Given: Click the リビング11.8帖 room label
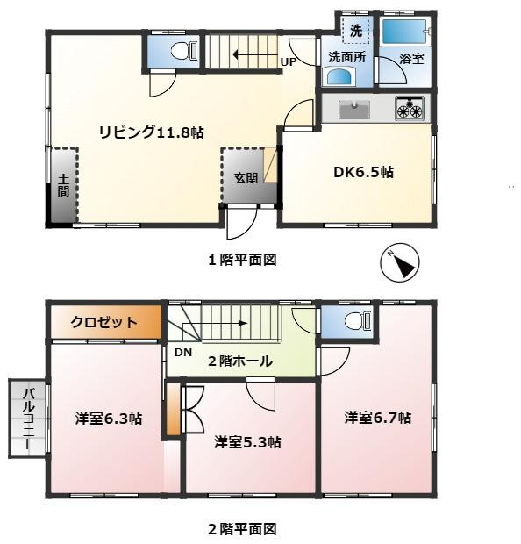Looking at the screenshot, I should (x=151, y=132).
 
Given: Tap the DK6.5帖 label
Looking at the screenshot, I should (x=362, y=172).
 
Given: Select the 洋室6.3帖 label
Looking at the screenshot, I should (x=109, y=419).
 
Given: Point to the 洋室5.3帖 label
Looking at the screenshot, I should (x=247, y=442).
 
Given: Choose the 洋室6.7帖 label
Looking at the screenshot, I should (x=377, y=418).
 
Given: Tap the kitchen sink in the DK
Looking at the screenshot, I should (x=355, y=110).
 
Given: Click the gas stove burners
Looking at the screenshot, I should (x=410, y=110).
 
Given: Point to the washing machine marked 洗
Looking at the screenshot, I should (x=355, y=31).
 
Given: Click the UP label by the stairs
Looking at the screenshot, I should (x=288, y=61).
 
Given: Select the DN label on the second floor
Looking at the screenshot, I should (x=182, y=352).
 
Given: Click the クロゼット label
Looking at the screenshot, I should (x=103, y=322).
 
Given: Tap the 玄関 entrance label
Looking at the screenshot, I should (x=245, y=177).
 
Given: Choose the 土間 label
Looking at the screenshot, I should (x=63, y=186).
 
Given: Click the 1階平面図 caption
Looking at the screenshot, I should (x=242, y=260).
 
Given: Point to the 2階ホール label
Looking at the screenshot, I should (x=240, y=361).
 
